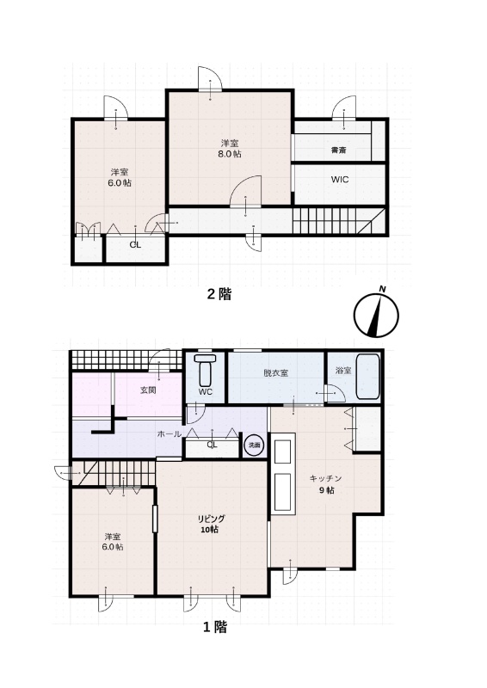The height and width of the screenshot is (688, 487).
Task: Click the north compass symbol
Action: tap(376, 314)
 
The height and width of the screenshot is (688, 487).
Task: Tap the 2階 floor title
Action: tap(219, 294)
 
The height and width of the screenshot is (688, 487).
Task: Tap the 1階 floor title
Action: tap(215, 627)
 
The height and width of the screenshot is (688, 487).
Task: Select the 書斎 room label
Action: tap(338, 150)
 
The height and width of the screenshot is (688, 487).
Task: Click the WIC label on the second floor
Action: tap(340, 180)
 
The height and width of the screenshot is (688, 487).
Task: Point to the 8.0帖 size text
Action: tap(229, 154)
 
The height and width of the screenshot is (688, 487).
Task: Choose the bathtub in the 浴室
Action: tap(368, 377)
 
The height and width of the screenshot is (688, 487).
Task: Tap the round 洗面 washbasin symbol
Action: tap(255, 445)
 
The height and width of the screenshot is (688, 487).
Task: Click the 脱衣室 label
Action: tap(276, 373)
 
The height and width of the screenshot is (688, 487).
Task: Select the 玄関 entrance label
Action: tap(148, 390)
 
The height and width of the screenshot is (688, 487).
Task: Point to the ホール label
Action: tap(169, 434)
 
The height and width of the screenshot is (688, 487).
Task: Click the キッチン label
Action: tap(326, 478)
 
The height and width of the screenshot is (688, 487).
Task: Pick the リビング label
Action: tap(211, 519)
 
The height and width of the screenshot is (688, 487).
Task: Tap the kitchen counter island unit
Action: tap(283, 473)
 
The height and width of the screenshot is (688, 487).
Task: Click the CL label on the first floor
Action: tap(213, 445)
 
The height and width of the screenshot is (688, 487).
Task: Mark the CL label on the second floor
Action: tap(135, 245)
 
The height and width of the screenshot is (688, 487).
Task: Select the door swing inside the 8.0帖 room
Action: tap(245, 191)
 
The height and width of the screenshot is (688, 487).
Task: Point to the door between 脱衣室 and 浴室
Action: tap(334, 393)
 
